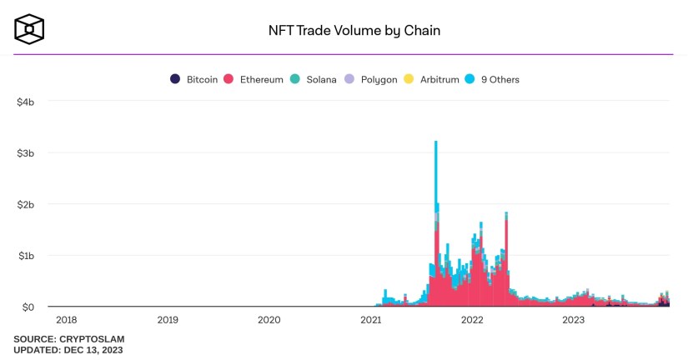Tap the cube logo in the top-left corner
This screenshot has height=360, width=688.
pos(29,29)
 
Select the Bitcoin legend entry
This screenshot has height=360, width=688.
pos(193,80)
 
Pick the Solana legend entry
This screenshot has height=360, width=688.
pos(314,80)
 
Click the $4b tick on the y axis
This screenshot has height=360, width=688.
pos(25,102)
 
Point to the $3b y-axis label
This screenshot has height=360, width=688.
pos(25,153)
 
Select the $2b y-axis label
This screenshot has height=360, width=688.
pos(25,204)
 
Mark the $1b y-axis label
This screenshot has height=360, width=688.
pos(25,256)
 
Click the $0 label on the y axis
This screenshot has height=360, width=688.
pos(28,307)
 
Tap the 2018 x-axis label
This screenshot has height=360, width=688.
pos(66,319)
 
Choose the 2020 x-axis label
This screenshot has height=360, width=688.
pos(269,319)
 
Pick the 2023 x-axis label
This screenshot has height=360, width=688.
pos(574,319)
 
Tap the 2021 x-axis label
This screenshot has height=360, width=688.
pos(371,319)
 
